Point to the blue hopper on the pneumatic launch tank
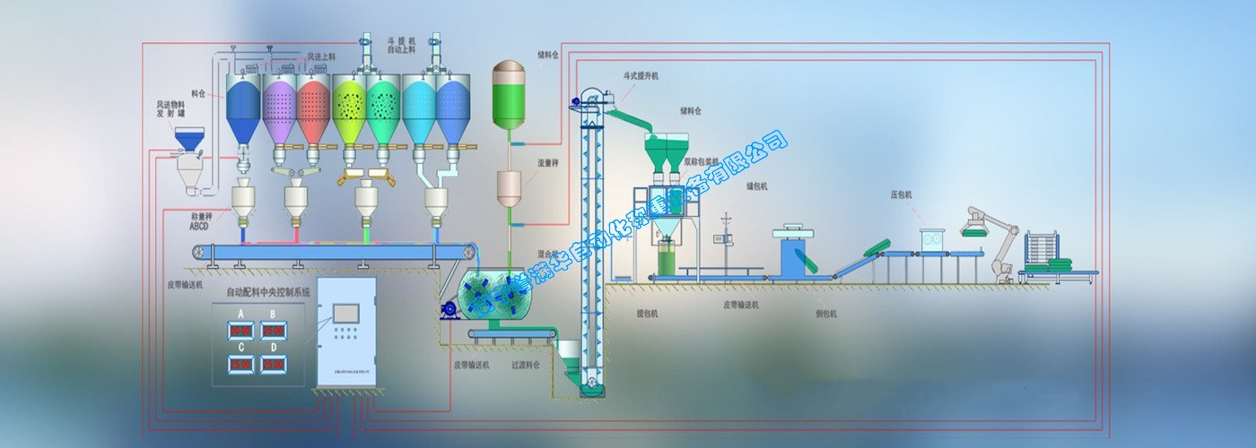[188, 138]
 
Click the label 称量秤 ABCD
[201, 221]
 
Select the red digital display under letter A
[240, 331]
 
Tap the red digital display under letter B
[274, 331]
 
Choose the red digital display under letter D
[274, 365]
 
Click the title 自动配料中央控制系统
[257, 291]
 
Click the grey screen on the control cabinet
[345, 313]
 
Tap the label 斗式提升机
[641, 76]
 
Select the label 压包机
[901, 194]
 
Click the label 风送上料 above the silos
[321, 56]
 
